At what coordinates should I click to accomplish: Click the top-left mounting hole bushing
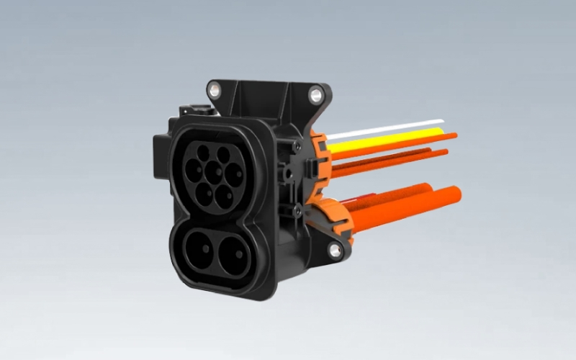point(213,89)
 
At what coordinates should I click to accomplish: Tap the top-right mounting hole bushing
point(315,94)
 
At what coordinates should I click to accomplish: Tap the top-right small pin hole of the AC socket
point(224,154)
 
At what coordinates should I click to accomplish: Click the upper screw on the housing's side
point(297,146)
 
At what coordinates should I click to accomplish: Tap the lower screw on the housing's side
point(297,210)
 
